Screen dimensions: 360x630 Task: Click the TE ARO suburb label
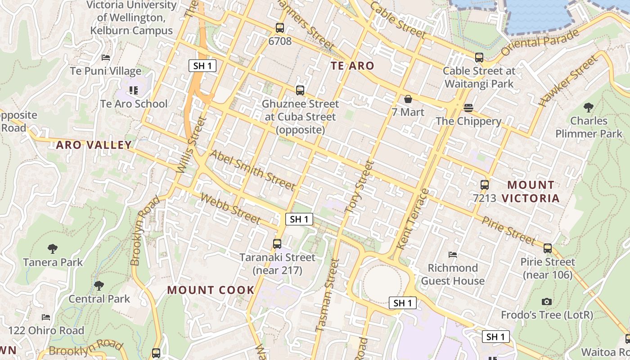[x=352, y=66]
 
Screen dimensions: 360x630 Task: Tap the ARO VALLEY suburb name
[x=94, y=145]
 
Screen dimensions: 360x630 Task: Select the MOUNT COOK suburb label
[x=211, y=290]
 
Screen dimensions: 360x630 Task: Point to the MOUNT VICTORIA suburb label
[x=531, y=191]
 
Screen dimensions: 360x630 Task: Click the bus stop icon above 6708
[x=280, y=28]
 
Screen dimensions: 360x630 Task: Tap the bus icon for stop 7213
[x=485, y=184]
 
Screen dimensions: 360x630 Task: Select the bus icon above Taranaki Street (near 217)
[x=277, y=244]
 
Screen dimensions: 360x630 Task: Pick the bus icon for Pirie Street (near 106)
[x=548, y=248]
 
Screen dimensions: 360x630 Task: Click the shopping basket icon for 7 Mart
[x=408, y=99]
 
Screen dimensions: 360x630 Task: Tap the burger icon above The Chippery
[x=468, y=108]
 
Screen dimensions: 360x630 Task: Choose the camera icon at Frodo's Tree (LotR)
[x=547, y=301]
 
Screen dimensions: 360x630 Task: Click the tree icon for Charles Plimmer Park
[x=588, y=107]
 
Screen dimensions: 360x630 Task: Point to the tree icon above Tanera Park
[x=53, y=248]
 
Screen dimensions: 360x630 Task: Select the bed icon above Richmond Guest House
[x=453, y=255]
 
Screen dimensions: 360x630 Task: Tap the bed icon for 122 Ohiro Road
[x=46, y=317]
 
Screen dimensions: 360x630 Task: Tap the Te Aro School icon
[x=133, y=90]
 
